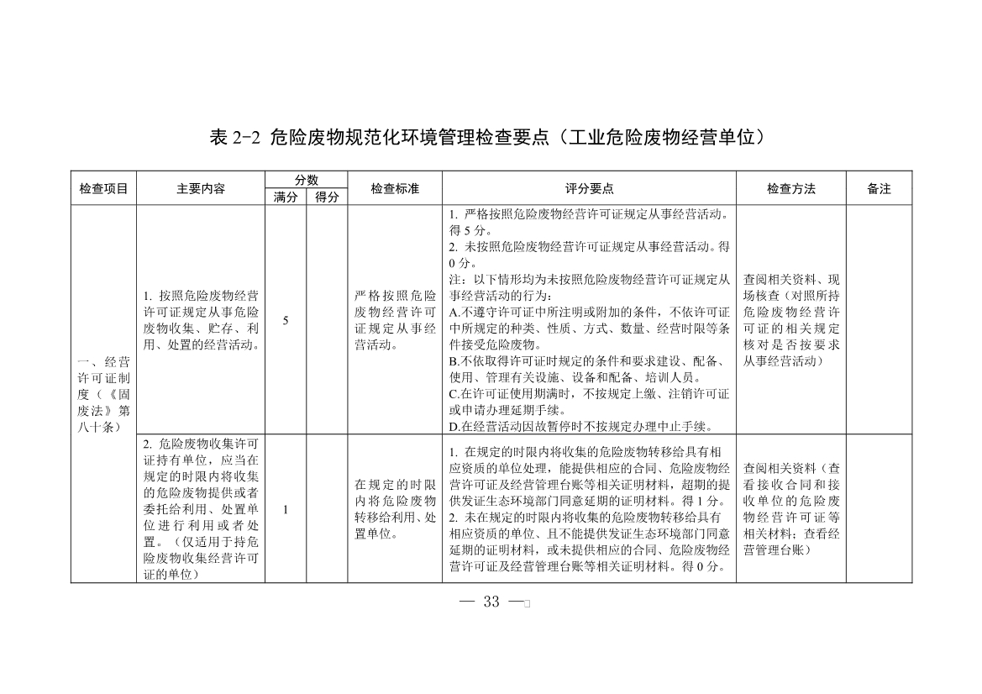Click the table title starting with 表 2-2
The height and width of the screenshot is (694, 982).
click(x=490, y=138)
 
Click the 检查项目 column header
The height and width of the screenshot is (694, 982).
click(x=103, y=189)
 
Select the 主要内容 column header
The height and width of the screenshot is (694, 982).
click(x=201, y=189)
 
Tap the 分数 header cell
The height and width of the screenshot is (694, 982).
click(x=306, y=181)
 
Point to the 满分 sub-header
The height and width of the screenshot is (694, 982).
click(x=286, y=197)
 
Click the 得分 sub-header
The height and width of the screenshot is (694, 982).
click(x=327, y=197)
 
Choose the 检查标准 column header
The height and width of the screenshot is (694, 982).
click(x=395, y=189)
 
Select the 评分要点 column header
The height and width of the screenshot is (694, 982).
click(x=589, y=189)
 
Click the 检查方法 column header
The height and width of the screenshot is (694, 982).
click(x=790, y=189)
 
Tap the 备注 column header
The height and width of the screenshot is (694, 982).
click(x=879, y=189)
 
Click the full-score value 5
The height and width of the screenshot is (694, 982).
click(x=286, y=320)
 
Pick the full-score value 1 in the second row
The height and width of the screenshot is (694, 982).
click(x=286, y=509)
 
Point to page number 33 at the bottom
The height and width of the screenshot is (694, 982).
click(x=492, y=602)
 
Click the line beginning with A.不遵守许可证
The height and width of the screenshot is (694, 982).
click(x=589, y=312)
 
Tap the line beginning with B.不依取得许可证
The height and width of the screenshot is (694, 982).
click(x=589, y=361)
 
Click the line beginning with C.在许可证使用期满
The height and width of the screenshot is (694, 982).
click(x=589, y=394)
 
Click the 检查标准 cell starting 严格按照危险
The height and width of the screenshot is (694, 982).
click(x=395, y=320)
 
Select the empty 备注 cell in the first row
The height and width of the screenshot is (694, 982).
click(x=879, y=320)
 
